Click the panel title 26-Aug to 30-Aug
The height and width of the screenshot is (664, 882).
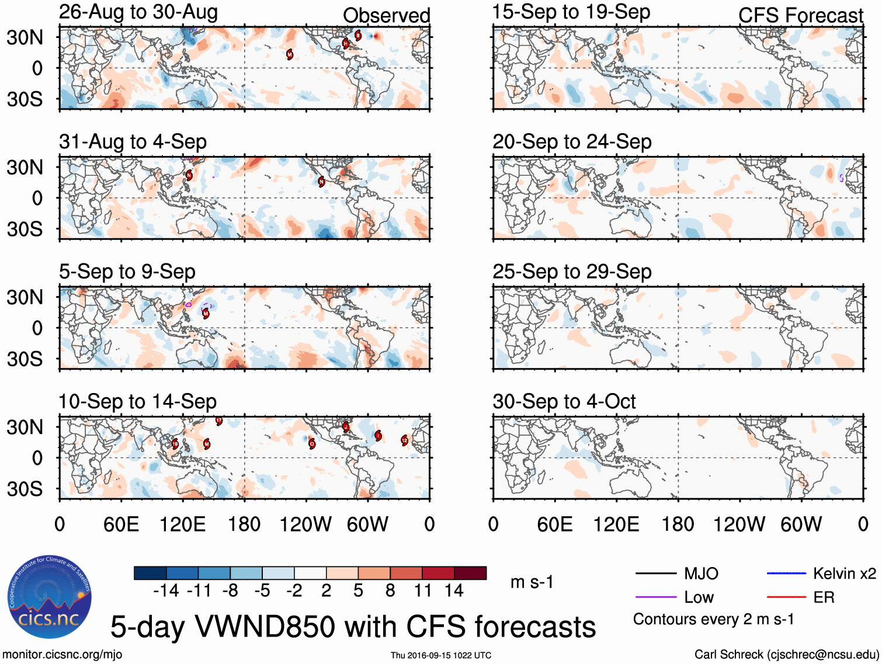(x=138, y=12)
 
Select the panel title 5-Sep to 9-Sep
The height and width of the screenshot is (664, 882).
(x=127, y=272)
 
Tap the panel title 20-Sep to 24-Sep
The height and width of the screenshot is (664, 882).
(x=571, y=142)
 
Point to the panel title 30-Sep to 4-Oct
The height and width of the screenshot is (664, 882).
(x=564, y=402)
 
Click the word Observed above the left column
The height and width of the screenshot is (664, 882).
(x=386, y=16)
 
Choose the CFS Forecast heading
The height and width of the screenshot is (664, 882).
(x=800, y=16)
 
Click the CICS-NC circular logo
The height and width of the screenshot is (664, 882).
(x=49, y=597)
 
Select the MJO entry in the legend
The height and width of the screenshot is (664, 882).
(x=701, y=573)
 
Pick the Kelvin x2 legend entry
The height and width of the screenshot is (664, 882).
(x=844, y=573)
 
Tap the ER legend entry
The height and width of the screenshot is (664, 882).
(x=824, y=597)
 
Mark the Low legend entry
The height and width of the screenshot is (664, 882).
(x=699, y=597)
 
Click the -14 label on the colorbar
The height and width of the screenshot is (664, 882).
(x=166, y=591)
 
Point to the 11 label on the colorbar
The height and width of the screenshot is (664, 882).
(x=423, y=591)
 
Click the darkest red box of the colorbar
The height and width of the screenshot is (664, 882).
(x=470, y=573)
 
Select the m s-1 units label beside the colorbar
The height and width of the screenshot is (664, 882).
(x=532, y=582)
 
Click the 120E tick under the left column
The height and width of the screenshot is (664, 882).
(x=183, y=524)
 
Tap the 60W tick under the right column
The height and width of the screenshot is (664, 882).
(x=801, y=524)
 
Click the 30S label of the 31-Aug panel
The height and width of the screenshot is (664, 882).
(x=25, y=229)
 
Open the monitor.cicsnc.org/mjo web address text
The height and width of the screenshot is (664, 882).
(x=62, y=655)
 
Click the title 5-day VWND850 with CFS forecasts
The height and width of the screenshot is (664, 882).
(x=353, y=627)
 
